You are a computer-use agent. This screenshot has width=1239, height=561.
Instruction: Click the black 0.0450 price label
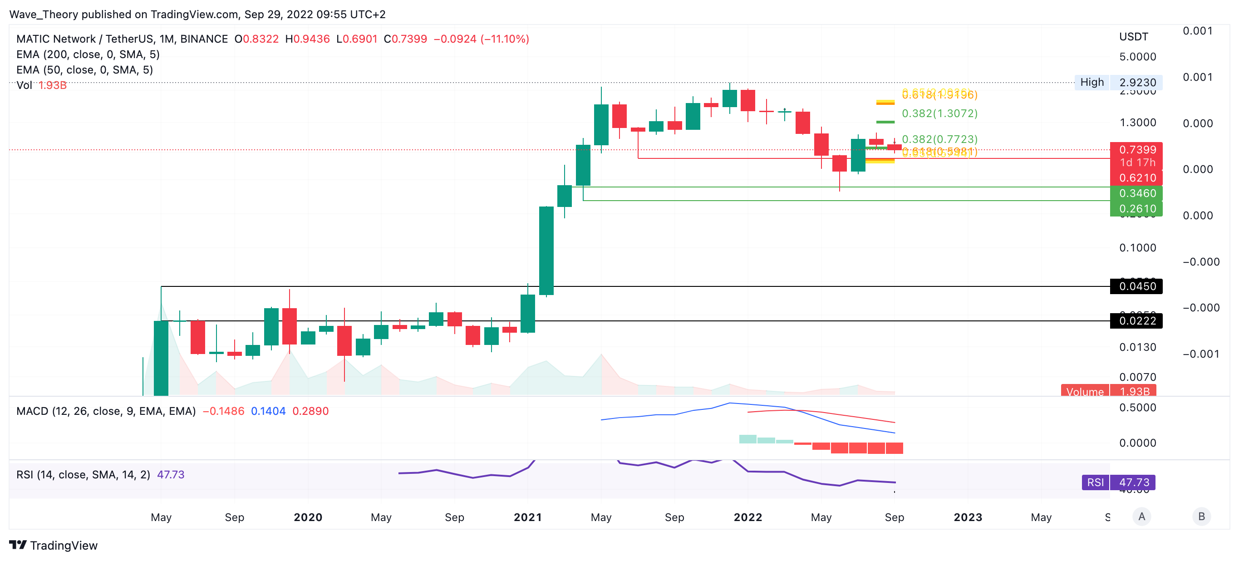[x=1136, y=286]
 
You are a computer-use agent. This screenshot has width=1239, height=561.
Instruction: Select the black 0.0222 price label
[x=1136, y=321]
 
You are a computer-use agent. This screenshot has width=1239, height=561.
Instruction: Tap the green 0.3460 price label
[x=1136, y=193]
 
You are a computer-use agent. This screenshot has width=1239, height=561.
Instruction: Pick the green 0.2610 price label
[x=1136, y=209]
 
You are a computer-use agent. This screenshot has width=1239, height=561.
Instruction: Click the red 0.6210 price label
[x=1136, y=178]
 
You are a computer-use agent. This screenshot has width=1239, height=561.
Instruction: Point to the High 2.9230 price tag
[x=1118, y=82]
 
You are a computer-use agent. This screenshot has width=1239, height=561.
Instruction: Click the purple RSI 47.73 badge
[x=1118, y=482]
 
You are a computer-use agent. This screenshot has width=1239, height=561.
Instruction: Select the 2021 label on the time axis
[x=528, y=517]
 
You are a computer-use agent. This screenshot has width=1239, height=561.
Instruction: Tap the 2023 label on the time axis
[x=968, y=517]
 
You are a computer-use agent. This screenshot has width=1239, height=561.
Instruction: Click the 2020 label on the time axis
[x=308, y=517]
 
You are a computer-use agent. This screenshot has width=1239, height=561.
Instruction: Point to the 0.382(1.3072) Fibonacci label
[x=939, y=113]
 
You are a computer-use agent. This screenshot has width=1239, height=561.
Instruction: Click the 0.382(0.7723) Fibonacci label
[x=939, y=139]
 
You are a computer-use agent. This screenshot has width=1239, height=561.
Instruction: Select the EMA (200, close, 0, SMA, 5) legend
[x=88, y=54]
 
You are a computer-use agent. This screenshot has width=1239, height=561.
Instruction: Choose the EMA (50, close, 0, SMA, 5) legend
[x=85, y=70]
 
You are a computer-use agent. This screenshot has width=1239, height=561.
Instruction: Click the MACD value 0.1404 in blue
[x=268, y=411]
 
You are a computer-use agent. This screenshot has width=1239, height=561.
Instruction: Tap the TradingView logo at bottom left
[x=54, y=545]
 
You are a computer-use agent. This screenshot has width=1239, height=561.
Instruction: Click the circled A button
[x=1142, y=516]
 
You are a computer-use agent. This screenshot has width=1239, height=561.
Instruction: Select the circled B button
[x=1201, y=516]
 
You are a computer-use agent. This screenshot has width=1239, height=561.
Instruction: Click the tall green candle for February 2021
[x=546, y=250]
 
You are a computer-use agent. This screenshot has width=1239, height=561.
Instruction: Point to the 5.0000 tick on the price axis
[x=1137, y=57]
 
